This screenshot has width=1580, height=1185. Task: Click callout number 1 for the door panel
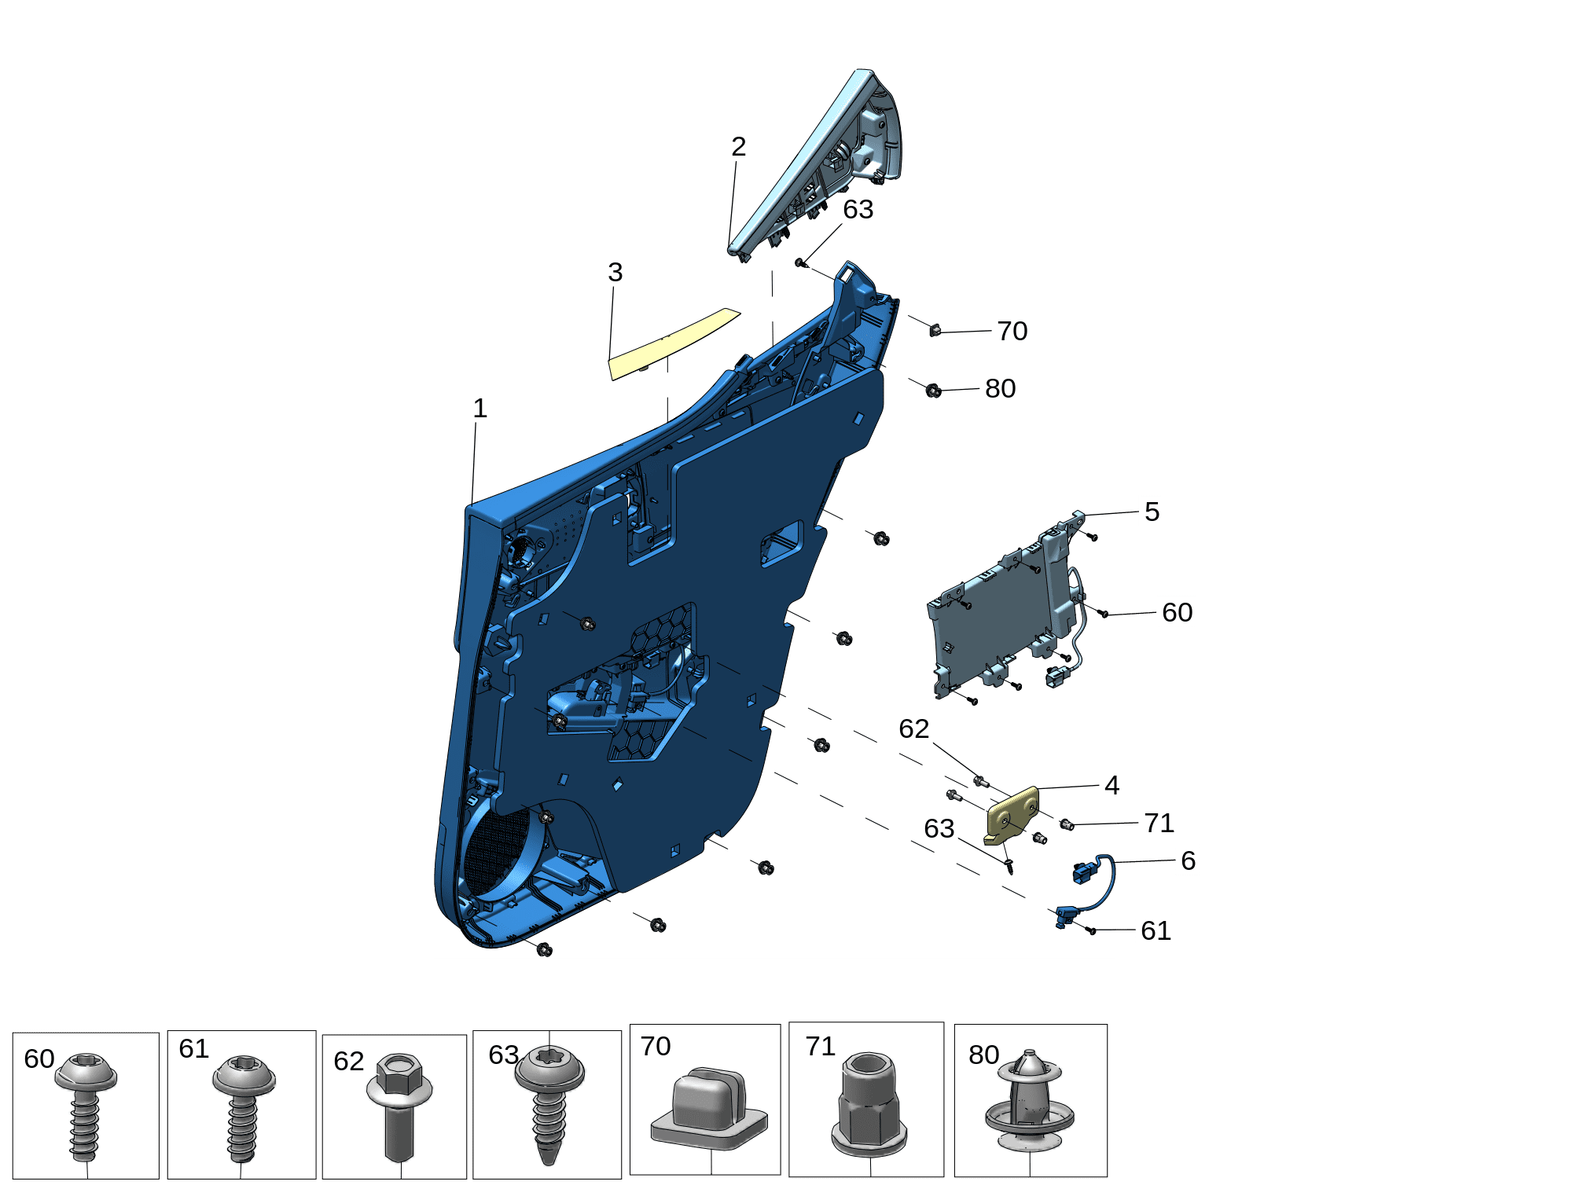tap(480, 408)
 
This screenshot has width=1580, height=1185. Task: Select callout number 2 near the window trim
tap(738, 146)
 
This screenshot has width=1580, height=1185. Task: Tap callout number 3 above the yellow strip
tap(615, 272)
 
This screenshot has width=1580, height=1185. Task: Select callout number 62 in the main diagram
tap(913, 728)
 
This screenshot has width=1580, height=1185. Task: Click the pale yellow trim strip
tap(673, 344)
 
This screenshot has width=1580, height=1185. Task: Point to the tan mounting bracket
tap(1011, 816)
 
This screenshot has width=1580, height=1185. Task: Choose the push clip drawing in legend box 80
tap(1030, 1101)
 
